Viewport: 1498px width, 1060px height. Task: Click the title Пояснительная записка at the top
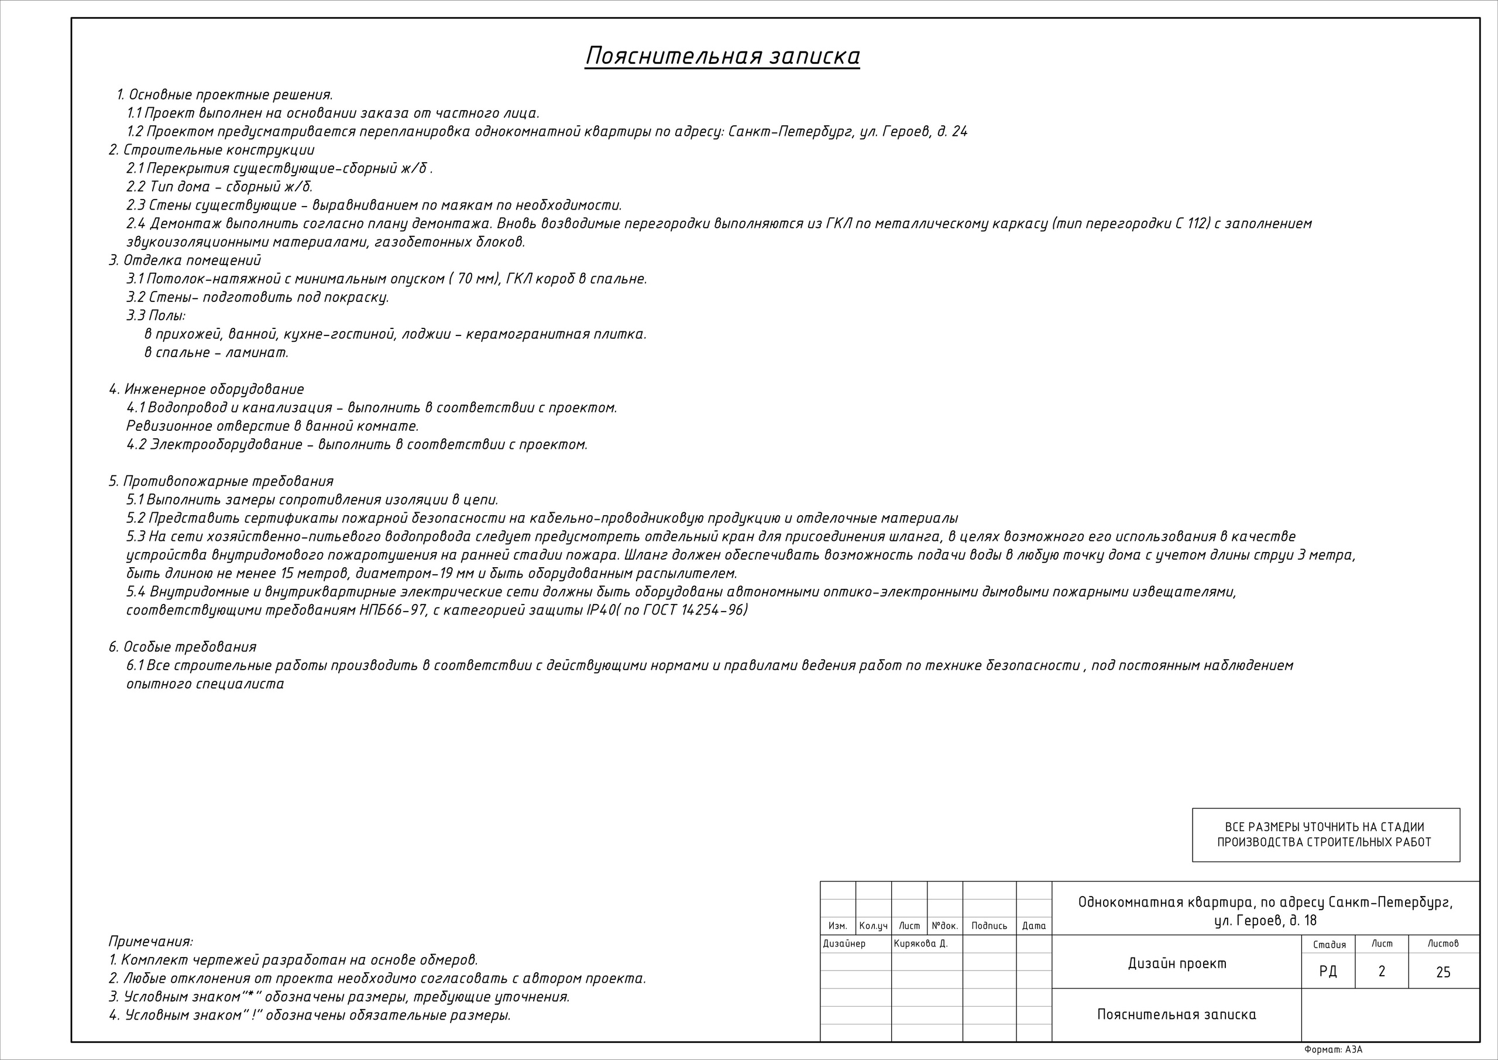pyautogui.click(x=721, y=57)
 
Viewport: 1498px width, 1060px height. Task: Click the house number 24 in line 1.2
pyautogui.click(x=959, y=132)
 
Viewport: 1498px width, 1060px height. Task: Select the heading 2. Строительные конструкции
pyautogui.click(x=211, y=150)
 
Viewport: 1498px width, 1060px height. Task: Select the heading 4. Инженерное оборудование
pyautogui.click(x=206, y=390)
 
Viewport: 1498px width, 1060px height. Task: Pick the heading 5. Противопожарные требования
pyautogui.click(x=221, y=482)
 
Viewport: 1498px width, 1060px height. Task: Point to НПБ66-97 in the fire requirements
pyautogui.click(x=393, y=610)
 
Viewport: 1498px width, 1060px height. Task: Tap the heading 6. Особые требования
pyautogui.click(x=182, y=647)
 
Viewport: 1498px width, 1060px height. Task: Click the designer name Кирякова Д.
pyautogui.click(x=920, y=944)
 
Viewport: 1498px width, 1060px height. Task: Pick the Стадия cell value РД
pyautogui.click(x=1328, y=972)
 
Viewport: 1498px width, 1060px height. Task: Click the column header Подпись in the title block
pyautogui.click(x=989, y=926)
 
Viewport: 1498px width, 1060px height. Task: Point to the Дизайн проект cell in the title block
pyautogui.click(x=1177, y=963)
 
